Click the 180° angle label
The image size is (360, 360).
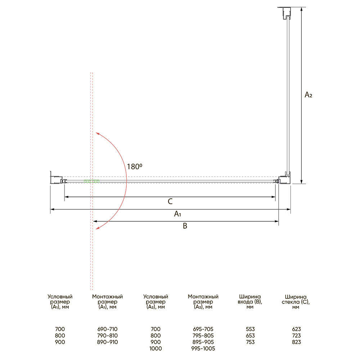(135, 166)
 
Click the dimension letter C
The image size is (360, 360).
(170, 201)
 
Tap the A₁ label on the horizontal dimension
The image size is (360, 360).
(177, 214)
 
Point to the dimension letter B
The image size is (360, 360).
(185, 226)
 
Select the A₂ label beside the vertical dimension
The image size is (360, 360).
(309, 95)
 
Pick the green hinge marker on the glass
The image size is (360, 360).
(91, 181)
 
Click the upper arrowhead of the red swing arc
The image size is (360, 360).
(97, 134)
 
